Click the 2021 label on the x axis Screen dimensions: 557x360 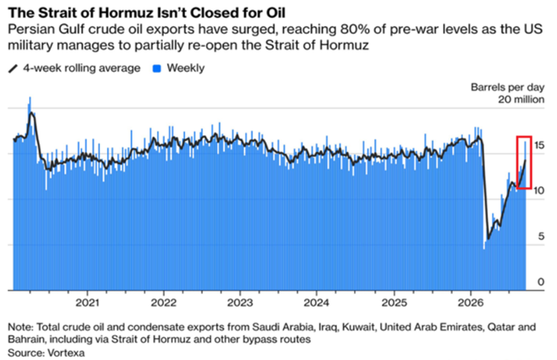87,303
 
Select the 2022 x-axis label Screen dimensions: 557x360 163,303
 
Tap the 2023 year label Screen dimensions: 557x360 240,303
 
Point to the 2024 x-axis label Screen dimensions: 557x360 316,303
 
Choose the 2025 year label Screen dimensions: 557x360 394,303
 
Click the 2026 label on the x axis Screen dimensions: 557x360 471,303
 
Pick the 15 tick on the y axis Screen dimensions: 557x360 538,145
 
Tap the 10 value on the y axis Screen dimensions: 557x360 538,191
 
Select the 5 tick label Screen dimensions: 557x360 541,236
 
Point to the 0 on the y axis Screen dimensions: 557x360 541,281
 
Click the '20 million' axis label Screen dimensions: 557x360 521,100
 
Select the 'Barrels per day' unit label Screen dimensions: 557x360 507,87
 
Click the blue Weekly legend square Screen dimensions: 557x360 157,69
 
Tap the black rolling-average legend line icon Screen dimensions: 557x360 13,69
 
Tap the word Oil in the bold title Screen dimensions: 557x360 275,13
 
